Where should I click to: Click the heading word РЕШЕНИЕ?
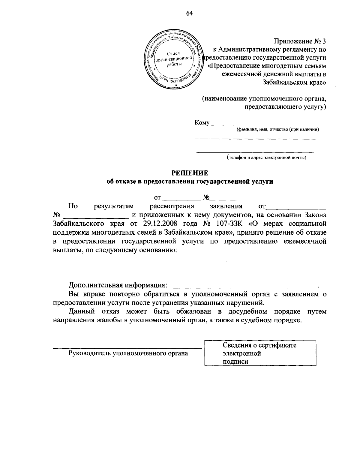pyautogui.click(x=190, y=173)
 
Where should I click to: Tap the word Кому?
pyautogui.click(x=202, y=122)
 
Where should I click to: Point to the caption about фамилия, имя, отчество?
pyautogui.click(x=277, y=130)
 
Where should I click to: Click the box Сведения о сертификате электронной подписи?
pyautogui.click(x=260, y=353)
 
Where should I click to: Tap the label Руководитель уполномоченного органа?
pyautogui.click(x=128, y=353)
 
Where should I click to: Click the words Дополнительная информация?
pyautogui.click(x=117, y=284)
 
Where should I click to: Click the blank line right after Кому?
pyautogui.click(x=263, y=124)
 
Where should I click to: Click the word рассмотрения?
pyautogui.click(x=172, y=206)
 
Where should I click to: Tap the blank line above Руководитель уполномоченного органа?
pyautogui.click(x=127, y=348)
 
